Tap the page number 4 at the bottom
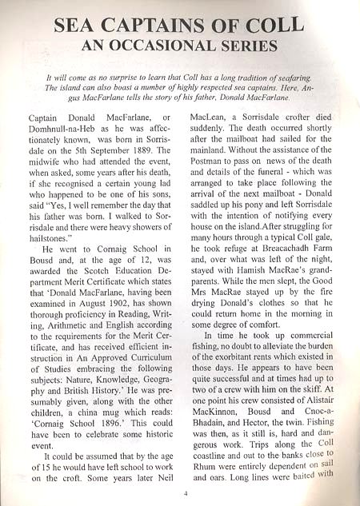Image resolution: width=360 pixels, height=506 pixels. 185,492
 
